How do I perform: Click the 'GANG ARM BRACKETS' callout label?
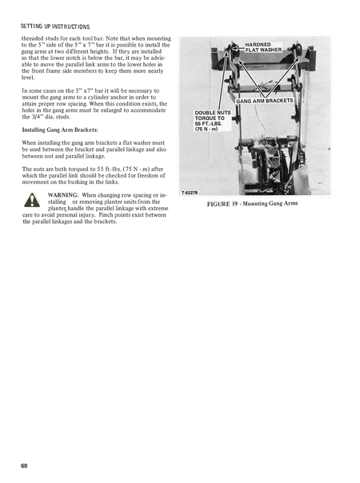(x=265, y=101)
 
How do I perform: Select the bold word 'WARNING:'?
(x=62, y=195)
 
